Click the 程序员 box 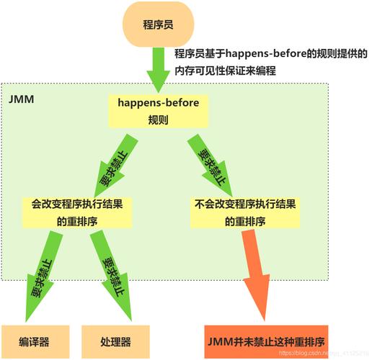pos(159,24)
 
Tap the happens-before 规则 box pos(158,111)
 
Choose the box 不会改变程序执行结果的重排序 pos(246,212)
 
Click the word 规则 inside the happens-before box pos(158,120)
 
